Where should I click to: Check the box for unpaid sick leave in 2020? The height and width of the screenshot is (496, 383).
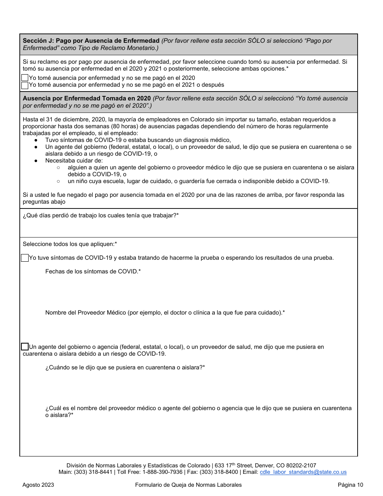pos(25,78)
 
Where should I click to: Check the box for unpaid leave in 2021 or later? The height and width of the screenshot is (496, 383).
pos(25,85)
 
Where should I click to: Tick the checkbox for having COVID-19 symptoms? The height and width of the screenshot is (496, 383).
pos(25,258)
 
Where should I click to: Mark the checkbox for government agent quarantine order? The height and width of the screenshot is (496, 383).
pos(25,347)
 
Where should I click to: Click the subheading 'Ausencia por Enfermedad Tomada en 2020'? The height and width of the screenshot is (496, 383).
pos(87,98)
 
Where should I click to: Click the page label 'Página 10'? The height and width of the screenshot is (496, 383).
pos(350,485)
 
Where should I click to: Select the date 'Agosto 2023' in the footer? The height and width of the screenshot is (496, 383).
pos(38,485)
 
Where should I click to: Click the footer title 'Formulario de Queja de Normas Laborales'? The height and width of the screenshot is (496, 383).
pos(188,485)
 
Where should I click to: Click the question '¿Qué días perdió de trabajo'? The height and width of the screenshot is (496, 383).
pos(101,215)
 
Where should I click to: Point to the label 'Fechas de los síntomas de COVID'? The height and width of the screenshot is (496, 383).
pos(93,271)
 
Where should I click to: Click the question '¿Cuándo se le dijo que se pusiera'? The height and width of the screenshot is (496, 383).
pos(125,367)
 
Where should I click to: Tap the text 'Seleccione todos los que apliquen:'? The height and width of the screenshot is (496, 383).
pos(70,244)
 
